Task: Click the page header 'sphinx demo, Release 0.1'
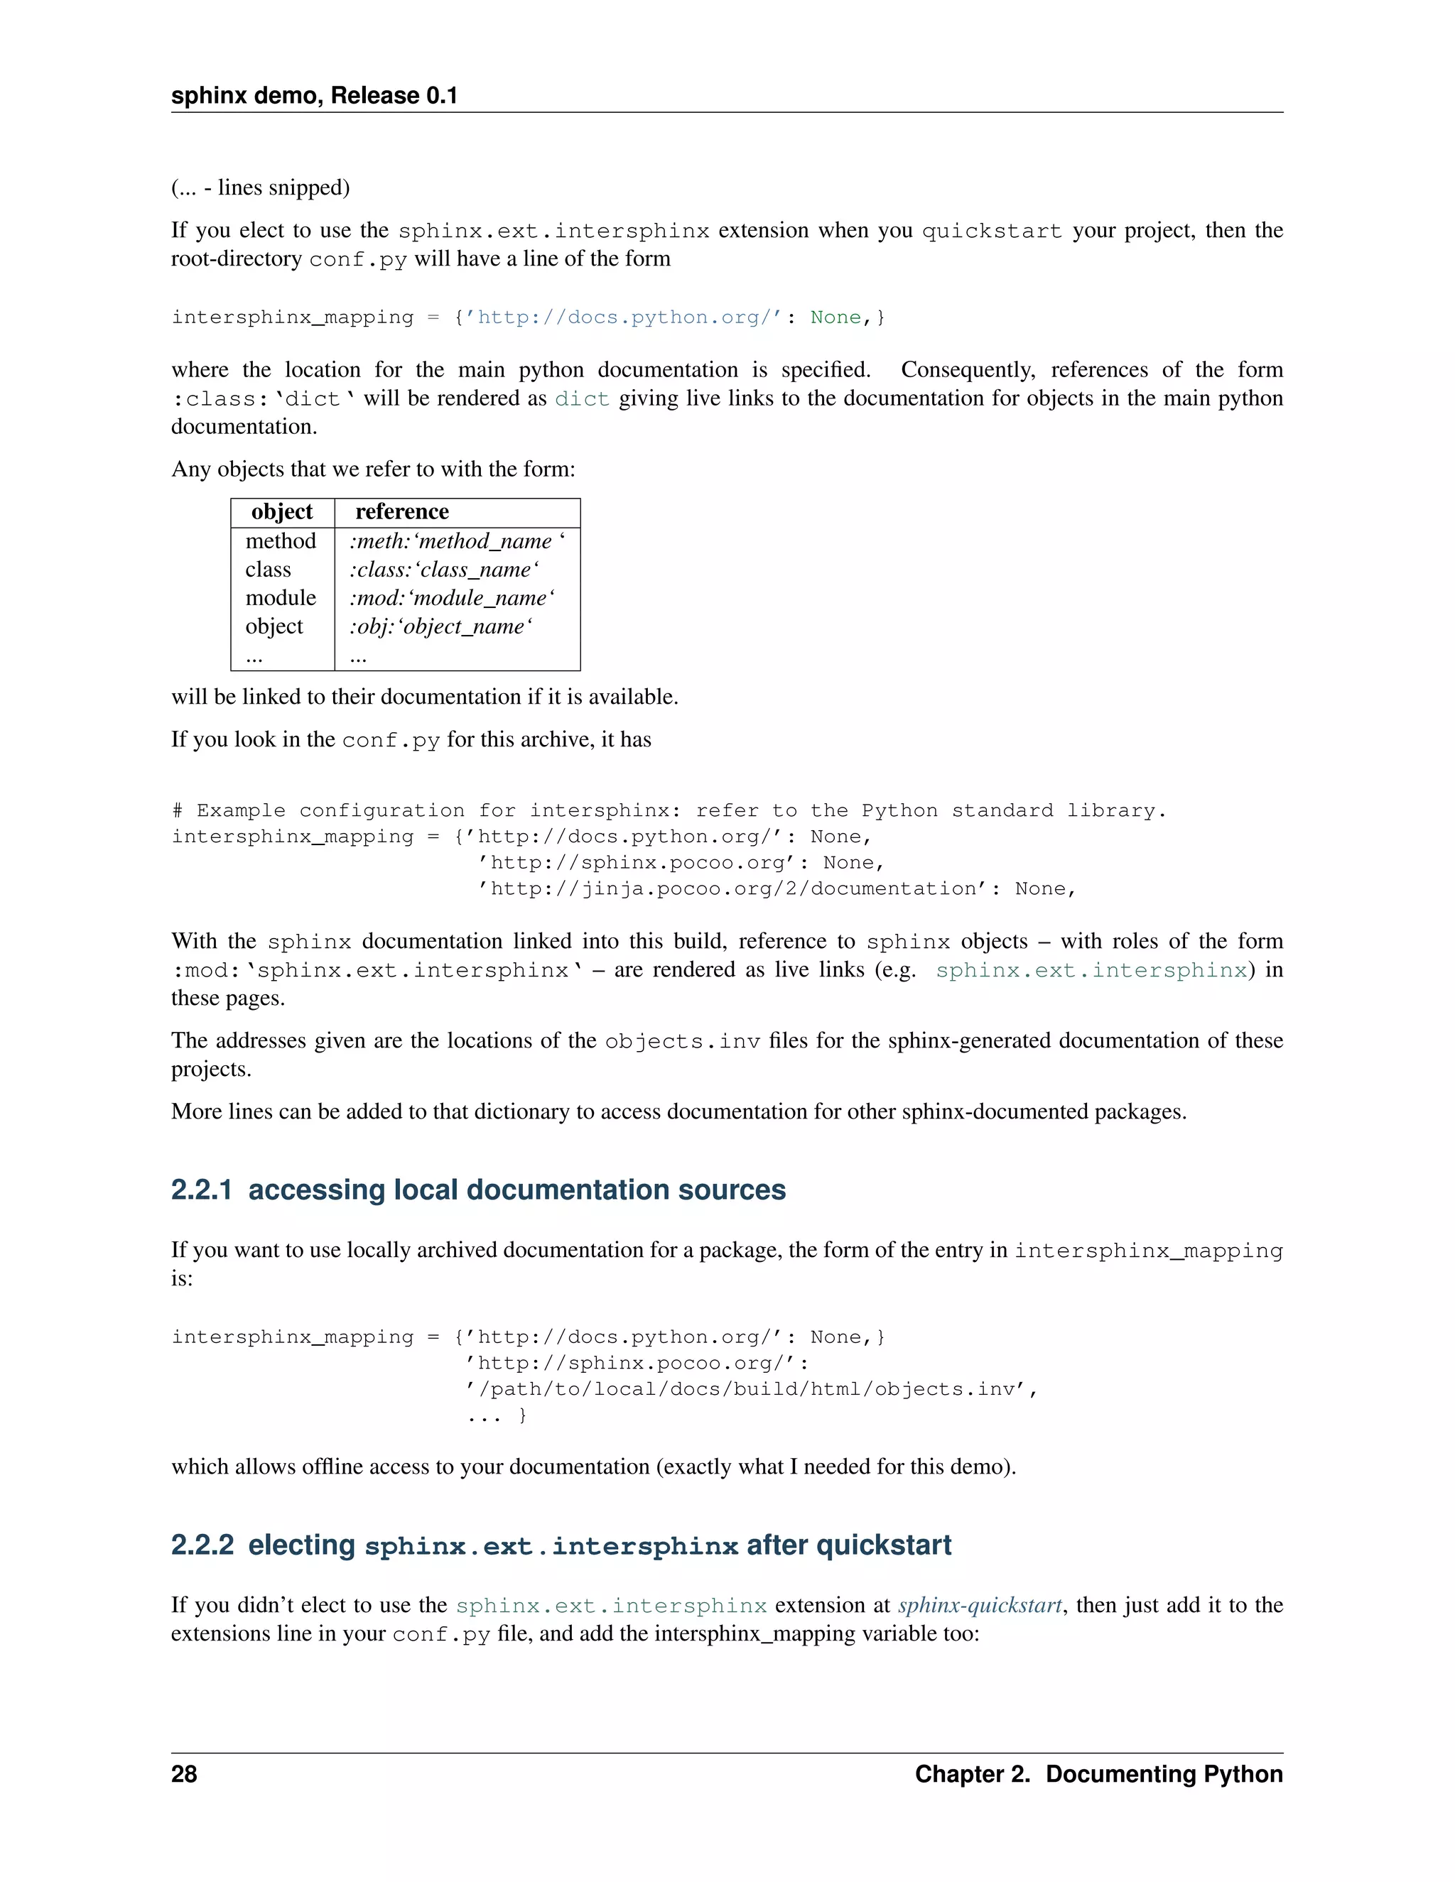(x=314, y=96)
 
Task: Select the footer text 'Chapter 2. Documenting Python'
(x=1098, y=1773)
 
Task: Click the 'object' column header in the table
(x=282, y=512)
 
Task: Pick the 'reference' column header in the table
(x=401, y=512)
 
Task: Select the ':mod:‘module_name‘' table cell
(x=452, y=598)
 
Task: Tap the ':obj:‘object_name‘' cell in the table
(x=440, y=626)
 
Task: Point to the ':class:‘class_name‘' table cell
(x=444, y=570)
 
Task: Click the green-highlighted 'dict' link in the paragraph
(x=582, y=399)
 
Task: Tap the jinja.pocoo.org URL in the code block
(x=732, y=889)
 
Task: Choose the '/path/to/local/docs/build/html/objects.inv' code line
(x=751, y=1389)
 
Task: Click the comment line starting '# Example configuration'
(x=668, y=811)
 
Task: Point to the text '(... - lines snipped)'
(x=260, y=188)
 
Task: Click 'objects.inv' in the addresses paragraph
(x=682, y=1041)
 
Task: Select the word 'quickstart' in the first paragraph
(x=991, y=231)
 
